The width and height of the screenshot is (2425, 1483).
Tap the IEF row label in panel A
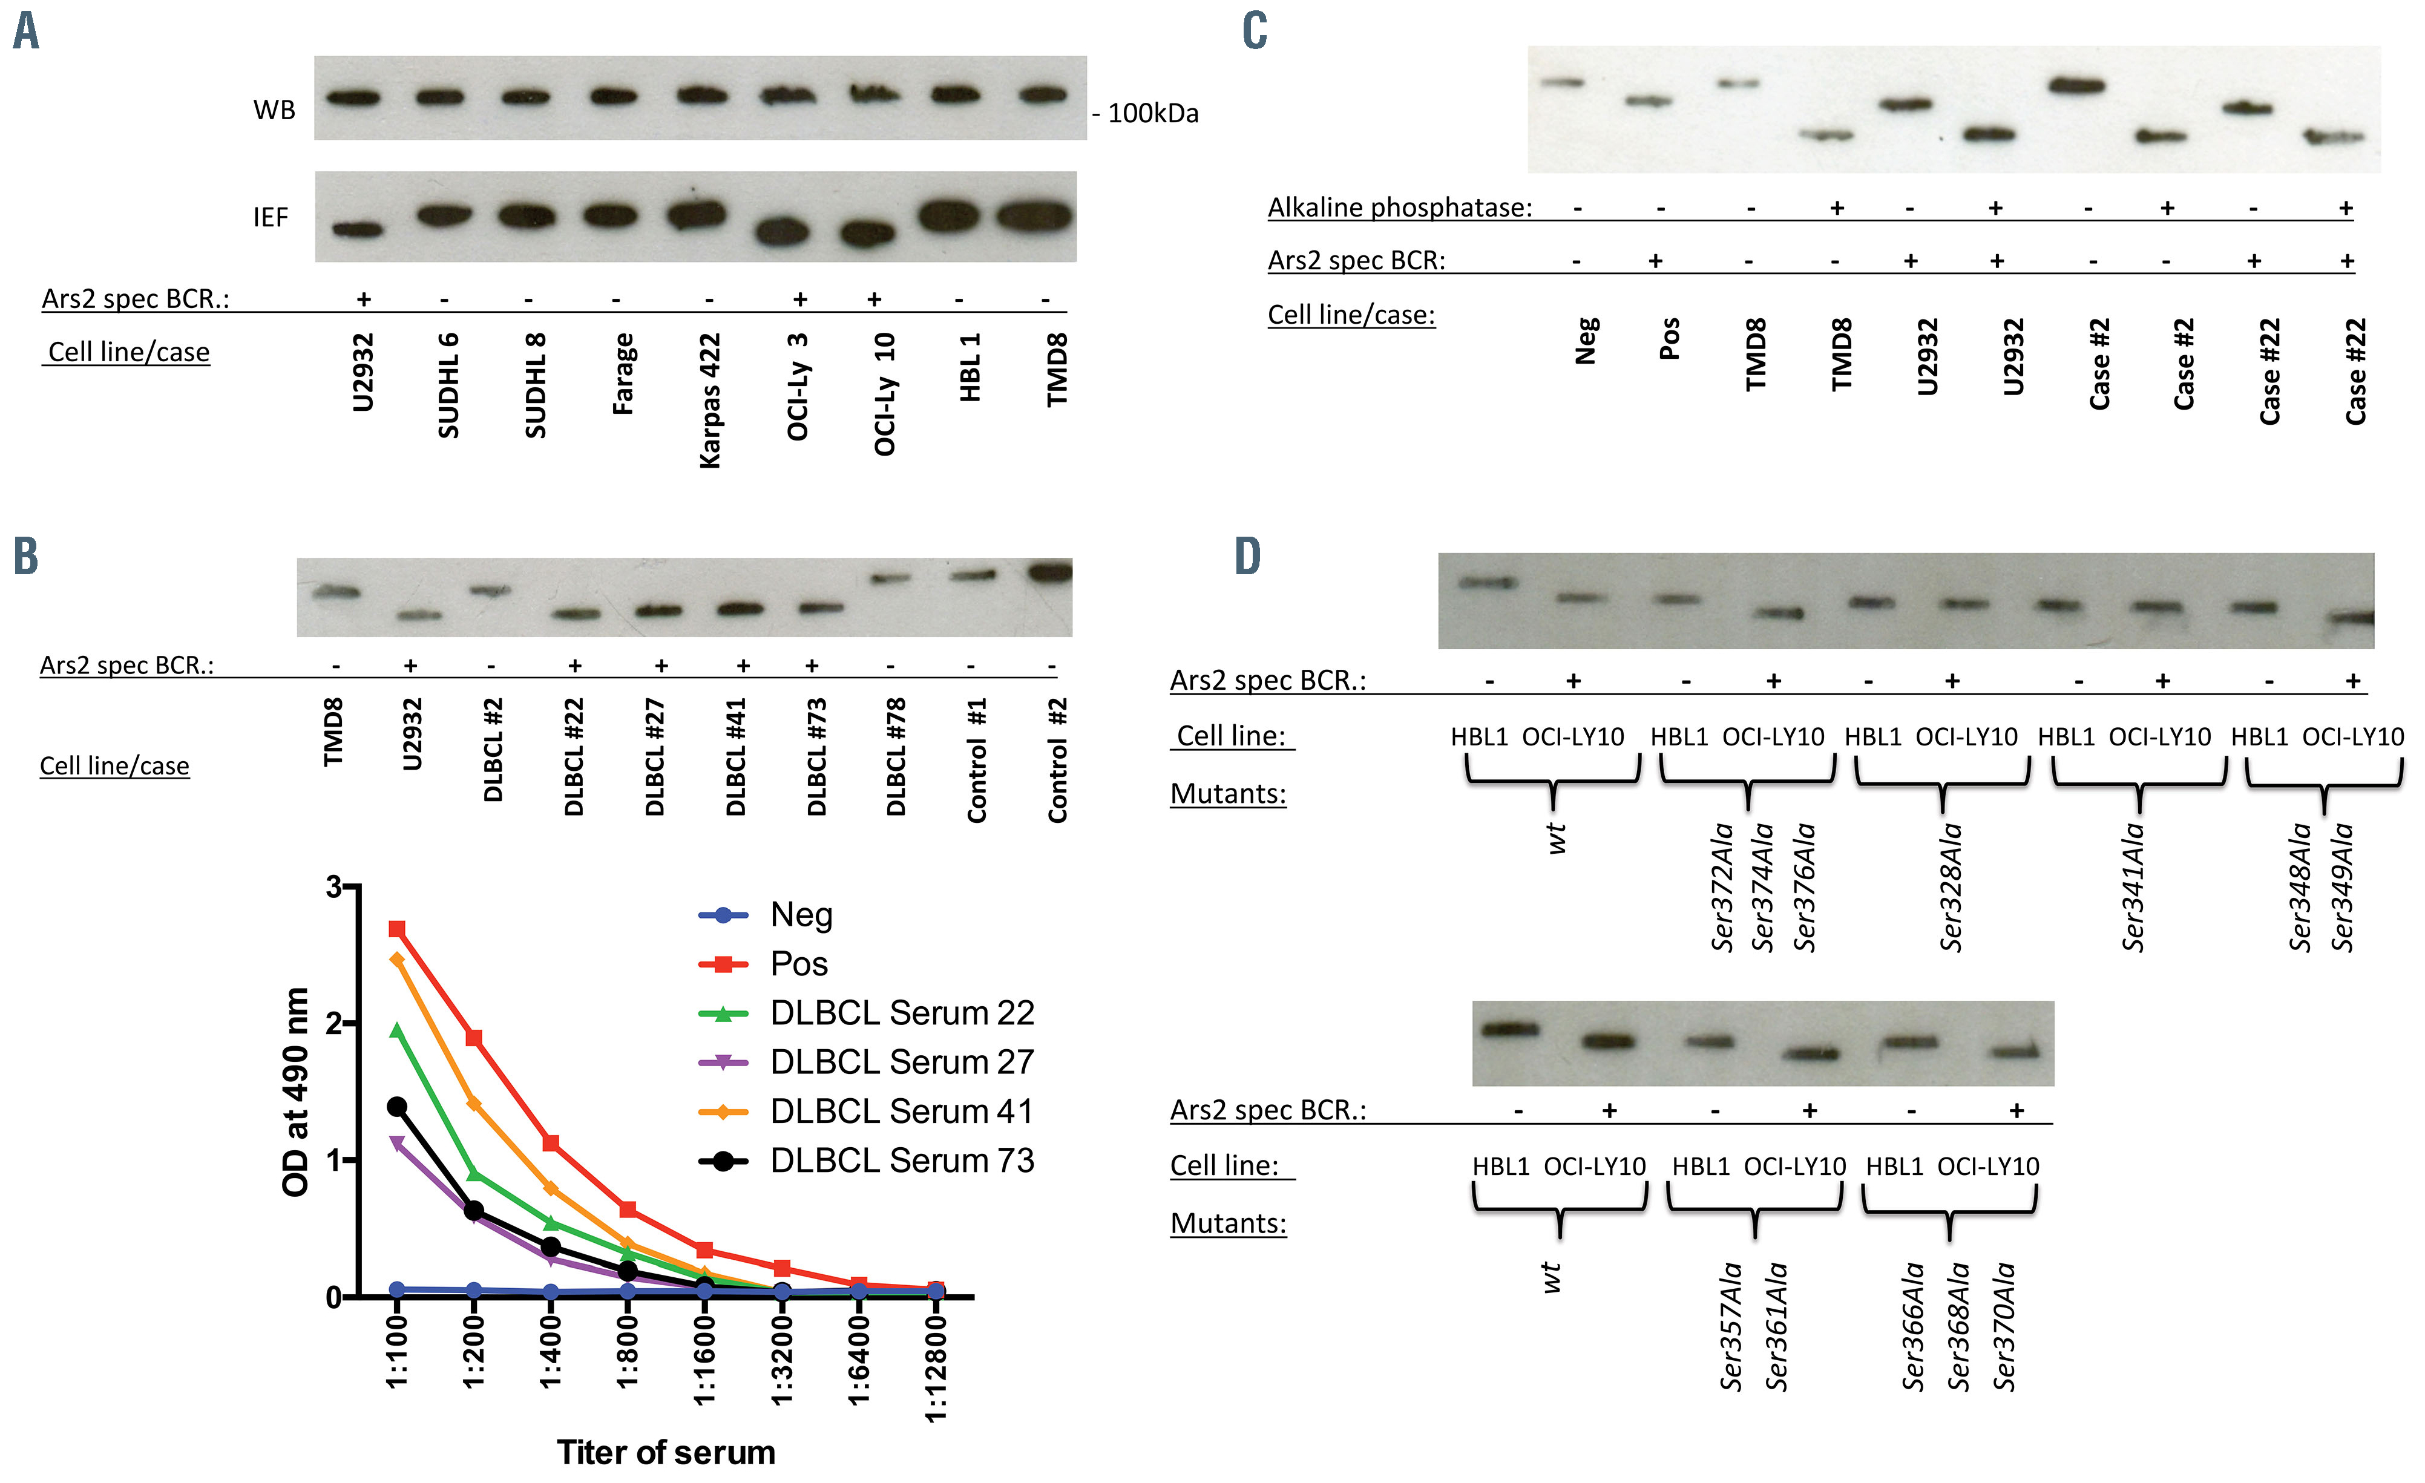click(x=271, y=217)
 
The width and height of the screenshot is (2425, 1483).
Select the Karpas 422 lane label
click(x=710, y=399)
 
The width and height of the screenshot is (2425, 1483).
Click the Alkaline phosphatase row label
click(x=1399, y=208)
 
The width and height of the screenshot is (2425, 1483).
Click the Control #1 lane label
click(x=976, y=761)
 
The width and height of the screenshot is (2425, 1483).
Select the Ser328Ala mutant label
click(x=1951, y=888)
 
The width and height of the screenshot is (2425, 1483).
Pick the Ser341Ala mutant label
click(x=2133, y=888)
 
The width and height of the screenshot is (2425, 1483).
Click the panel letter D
click(x=1248, y=557)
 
